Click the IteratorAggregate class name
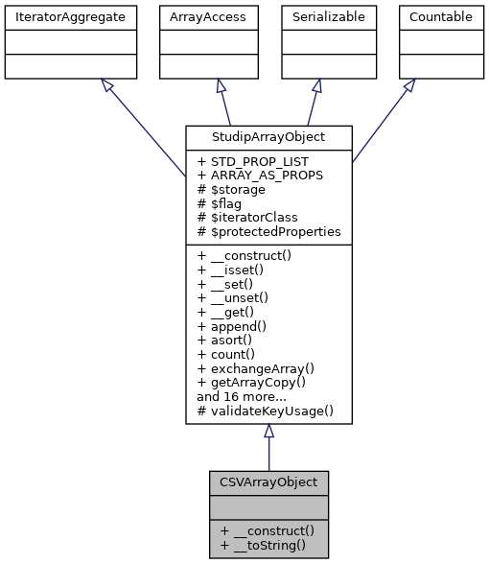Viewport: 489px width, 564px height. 68,17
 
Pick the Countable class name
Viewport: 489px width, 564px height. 440,17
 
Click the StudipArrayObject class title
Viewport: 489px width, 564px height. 268,136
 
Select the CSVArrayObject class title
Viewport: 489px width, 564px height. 269,482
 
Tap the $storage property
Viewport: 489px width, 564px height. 230,190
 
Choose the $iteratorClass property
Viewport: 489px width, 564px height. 248,218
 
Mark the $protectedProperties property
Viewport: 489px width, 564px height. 268,232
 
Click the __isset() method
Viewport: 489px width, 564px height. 235,270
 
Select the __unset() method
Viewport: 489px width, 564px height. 238,297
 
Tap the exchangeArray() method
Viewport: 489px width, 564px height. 255,367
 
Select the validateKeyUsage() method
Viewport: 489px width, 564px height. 265,411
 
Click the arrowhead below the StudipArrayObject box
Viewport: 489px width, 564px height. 269,432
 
